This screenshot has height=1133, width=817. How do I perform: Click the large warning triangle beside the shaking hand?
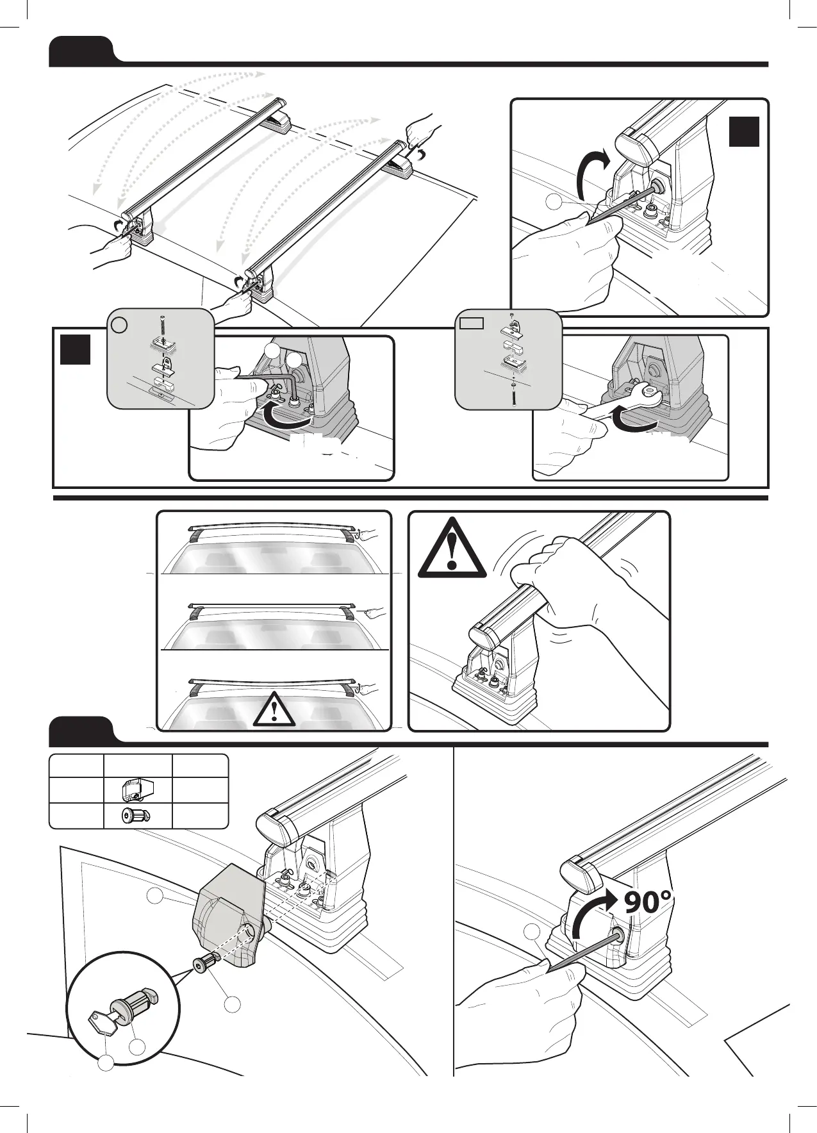tap(452, 548)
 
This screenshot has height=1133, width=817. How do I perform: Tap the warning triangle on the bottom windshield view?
tap(274, 708)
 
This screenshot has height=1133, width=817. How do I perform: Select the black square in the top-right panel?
tap(745, 131)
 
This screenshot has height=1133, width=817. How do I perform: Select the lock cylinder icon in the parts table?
tap(135, 816)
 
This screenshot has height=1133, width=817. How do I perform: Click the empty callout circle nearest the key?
tap(106, 1063)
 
